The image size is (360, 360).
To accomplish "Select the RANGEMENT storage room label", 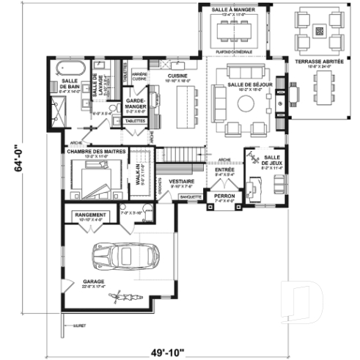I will point(92,215).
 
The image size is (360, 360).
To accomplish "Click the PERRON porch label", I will point(224,197).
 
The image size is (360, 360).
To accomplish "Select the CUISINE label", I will point(177,75).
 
